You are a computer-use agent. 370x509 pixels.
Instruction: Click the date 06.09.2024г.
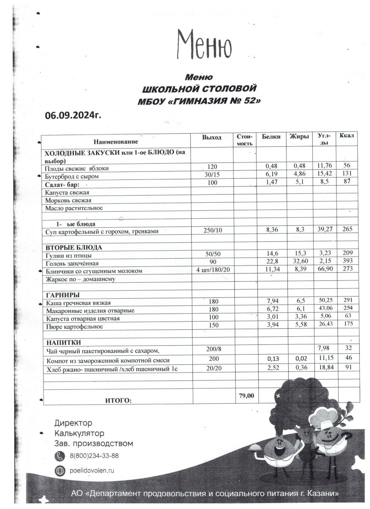73,115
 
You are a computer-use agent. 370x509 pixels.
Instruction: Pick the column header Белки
271,137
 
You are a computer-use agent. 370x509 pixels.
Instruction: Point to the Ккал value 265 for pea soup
348,229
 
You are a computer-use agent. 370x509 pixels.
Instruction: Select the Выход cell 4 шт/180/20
212,271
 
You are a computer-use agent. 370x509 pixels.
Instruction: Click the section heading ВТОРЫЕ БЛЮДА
74,247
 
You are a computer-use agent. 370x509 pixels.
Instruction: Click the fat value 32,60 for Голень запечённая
299,263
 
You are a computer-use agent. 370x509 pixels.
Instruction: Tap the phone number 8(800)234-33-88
94,456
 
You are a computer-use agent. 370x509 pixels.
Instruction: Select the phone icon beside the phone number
60,456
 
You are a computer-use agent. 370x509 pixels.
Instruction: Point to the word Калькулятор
79,433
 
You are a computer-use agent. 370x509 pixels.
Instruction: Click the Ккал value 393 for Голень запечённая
348,263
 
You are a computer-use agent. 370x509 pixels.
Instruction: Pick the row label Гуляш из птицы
69,255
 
